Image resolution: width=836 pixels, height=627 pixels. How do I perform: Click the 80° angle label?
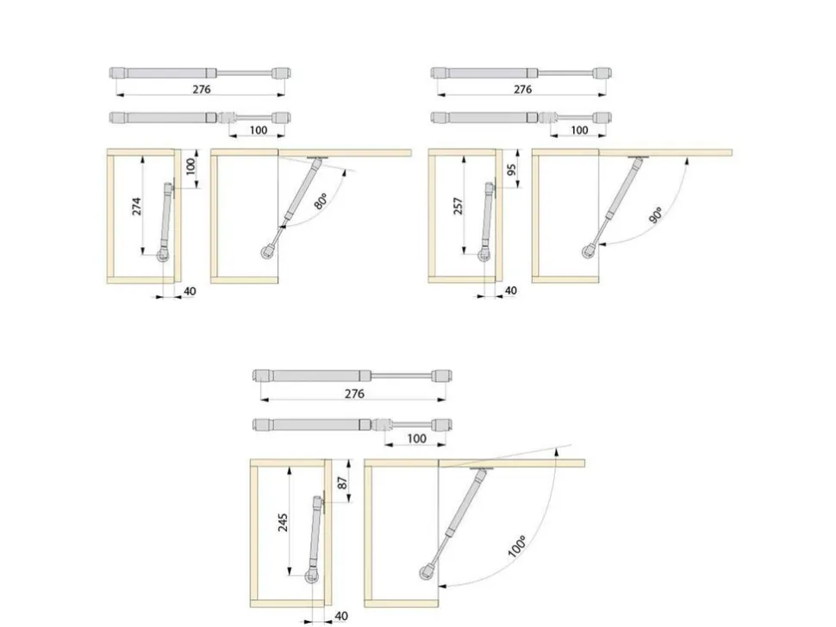pos(321,202)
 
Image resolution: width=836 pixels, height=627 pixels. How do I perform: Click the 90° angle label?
pos(657,214)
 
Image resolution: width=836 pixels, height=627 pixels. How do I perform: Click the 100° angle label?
pos(516,546)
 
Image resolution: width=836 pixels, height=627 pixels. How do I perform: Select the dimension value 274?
pos(137,206)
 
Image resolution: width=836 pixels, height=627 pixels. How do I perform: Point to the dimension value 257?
pos(458,206)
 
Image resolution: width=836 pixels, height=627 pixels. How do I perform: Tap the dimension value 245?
pos(283,522)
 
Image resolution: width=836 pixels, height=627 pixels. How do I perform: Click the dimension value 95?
pos(511,170)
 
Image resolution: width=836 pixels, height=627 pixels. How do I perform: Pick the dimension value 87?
pos(343,482)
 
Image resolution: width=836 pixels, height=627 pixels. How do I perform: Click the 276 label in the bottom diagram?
pos(354,394)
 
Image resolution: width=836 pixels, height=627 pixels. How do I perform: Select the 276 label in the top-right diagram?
pos(522,89)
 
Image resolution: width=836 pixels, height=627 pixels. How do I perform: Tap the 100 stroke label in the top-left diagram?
pos(258,129)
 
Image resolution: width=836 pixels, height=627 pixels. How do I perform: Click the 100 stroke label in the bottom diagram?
pos(416,438)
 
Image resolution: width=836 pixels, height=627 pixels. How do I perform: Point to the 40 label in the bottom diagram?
pos(341,616)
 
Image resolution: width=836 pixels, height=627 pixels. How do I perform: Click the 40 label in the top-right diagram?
pos(510,290)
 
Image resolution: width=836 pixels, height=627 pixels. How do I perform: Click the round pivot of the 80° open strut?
pos(268,251)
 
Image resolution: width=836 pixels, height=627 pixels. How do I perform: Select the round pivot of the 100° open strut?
pos(427,573)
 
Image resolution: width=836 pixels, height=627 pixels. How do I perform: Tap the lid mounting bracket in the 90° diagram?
pos(638,157)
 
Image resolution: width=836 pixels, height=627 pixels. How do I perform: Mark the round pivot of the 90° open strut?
pos(589,251)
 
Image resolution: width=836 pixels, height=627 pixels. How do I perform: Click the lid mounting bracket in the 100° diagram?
pos(482,469)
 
